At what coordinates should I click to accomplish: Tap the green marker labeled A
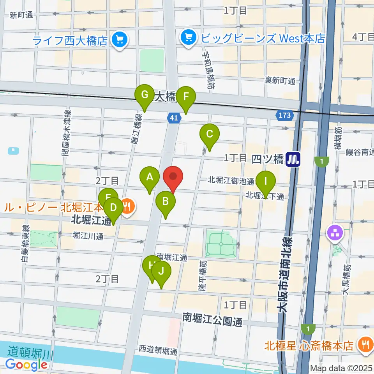click(150, 178)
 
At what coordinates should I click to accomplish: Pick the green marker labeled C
click(209, 135)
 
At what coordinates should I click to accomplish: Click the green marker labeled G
click(145, 95)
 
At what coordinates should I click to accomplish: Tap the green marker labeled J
click(161, 271)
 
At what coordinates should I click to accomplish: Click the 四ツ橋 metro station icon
click(293, 159)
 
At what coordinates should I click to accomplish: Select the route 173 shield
click(285, 115)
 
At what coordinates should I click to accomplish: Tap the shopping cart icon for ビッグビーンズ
click(189, 38)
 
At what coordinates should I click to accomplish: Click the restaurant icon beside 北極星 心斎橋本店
click(365, 345)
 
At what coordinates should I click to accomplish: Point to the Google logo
click(26, 364)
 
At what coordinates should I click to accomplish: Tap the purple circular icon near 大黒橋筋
click(335, 233)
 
